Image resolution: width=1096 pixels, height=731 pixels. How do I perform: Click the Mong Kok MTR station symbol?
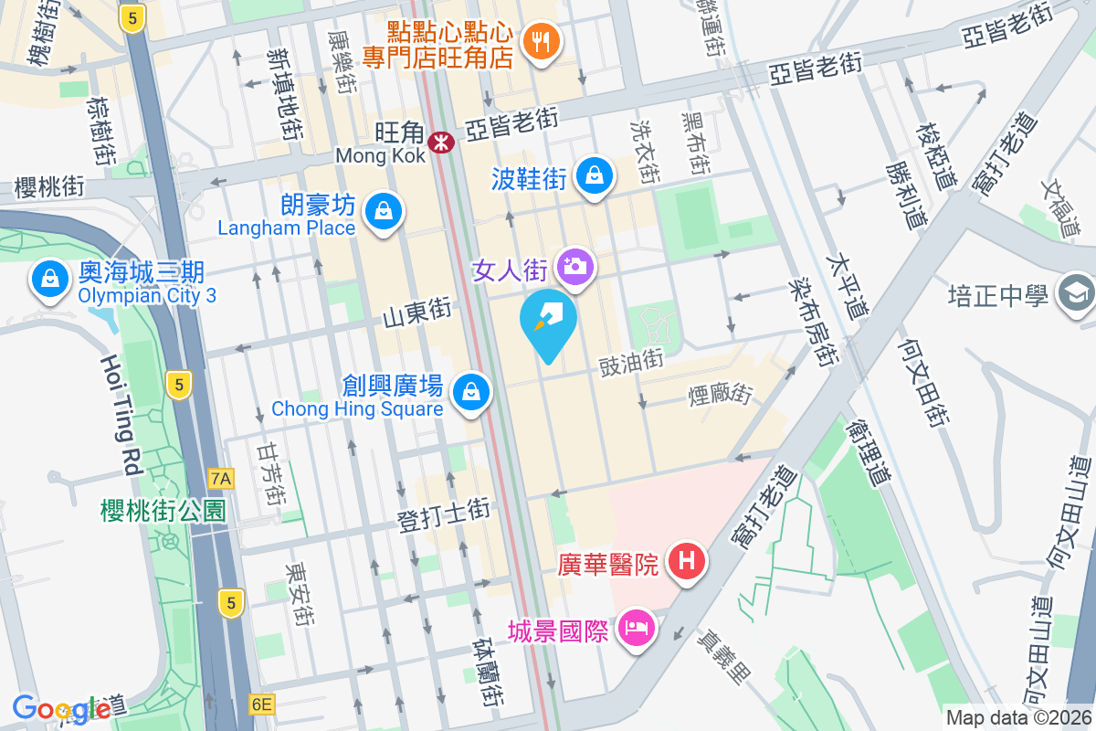pos(442,142)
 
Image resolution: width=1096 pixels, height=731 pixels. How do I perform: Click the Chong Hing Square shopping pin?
pos(471,392)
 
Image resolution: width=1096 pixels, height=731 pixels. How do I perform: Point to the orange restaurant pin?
pos(542,41)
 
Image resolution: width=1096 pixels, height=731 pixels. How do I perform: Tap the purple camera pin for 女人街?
pos(577,267)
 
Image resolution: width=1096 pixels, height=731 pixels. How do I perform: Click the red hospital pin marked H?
pos(687,561)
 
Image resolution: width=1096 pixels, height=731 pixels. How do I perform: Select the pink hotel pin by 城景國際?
pos(633,628)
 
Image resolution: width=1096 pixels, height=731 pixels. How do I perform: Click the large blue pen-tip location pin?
pos(548,323)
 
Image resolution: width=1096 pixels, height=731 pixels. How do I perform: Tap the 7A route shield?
pos(220,478)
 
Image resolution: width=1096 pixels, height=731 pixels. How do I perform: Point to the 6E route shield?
pos(261,704)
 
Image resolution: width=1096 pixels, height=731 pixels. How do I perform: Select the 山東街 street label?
pos(416,313)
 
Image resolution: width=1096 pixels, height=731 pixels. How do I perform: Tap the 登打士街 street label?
pos(444,513)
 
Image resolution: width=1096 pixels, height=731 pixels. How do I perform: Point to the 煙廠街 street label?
pos(720,394)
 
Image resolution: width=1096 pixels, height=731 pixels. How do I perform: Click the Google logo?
pos(62,709)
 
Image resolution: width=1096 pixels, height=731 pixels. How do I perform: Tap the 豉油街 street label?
pos(630,362)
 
